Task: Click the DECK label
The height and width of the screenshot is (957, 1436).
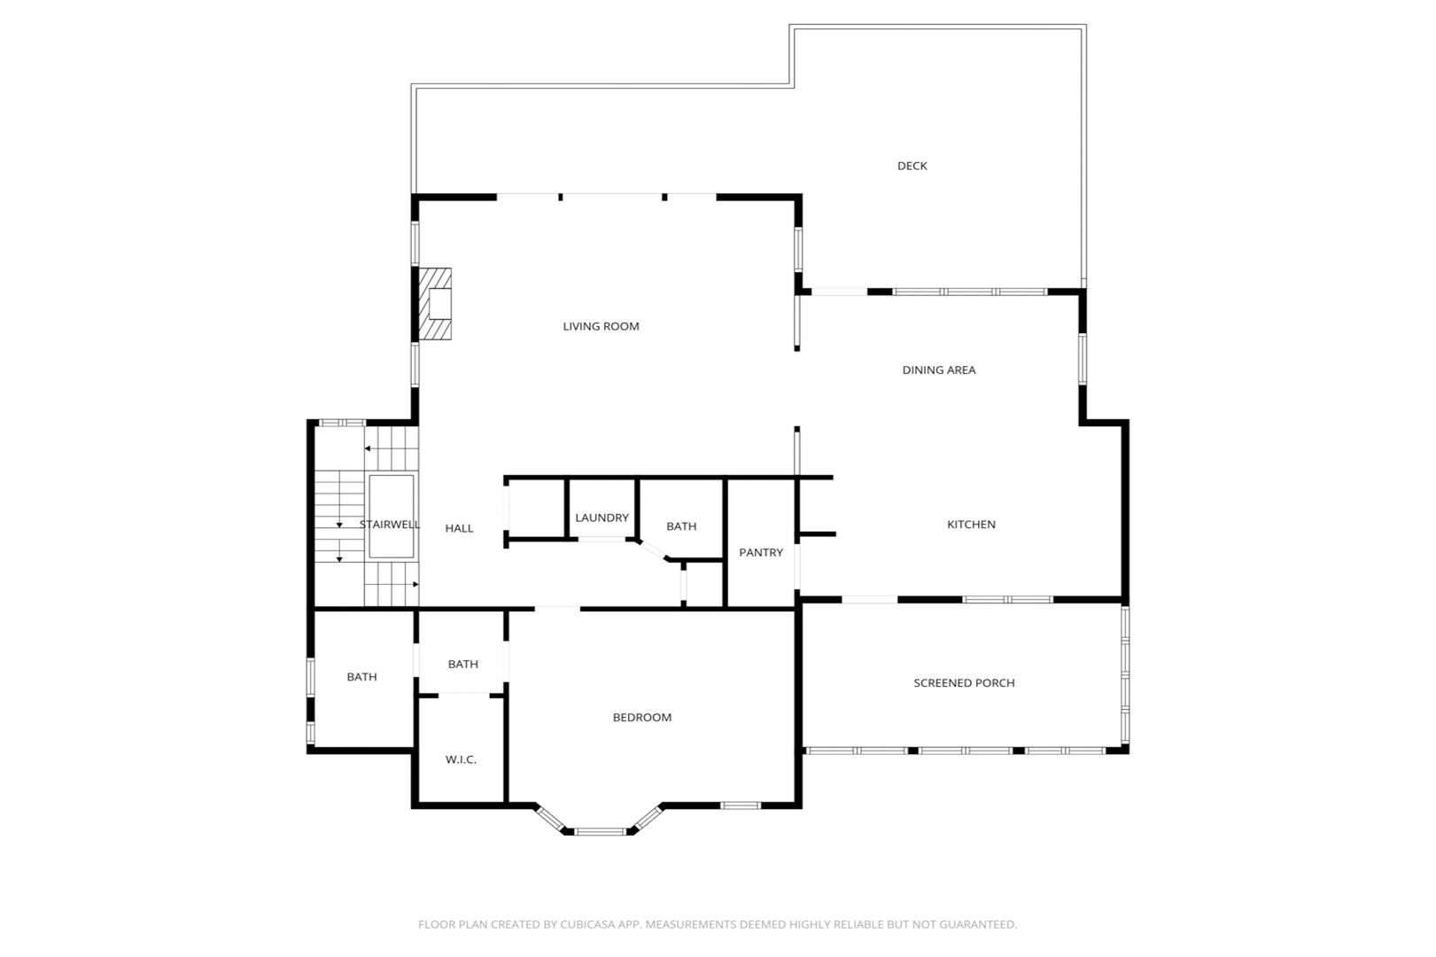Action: coord(912,166)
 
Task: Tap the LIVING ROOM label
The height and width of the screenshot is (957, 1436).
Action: coord(601,326)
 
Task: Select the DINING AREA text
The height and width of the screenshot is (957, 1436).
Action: coord(938,370)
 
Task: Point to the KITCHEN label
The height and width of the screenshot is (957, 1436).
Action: coord(971,525)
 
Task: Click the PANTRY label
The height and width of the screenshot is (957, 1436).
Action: coord(761,552)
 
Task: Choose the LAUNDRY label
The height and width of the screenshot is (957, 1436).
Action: coord(602,517)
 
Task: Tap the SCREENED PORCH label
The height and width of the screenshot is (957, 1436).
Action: coord(964,683)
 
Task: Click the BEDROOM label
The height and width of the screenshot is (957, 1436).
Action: coord(641,717)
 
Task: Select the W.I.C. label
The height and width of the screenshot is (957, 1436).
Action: coord(461,759)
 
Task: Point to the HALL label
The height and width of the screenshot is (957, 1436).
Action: coord(459,528)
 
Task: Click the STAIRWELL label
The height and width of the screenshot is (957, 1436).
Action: coord(389,525)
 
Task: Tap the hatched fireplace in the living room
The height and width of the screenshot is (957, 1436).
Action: coord(435,304)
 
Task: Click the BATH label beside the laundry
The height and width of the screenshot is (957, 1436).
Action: coord(681,526)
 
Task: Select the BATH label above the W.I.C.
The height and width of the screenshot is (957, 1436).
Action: coord(462,664)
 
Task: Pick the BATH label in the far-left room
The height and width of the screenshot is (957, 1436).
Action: coord(361,677)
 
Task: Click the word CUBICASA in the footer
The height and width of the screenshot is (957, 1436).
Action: coord(586,924)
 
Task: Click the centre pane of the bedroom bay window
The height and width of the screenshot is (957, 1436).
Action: coord(600,832)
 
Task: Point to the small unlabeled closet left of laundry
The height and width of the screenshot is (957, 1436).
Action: coord(536,508)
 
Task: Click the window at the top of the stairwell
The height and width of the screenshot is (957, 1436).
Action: coord(342,423)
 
